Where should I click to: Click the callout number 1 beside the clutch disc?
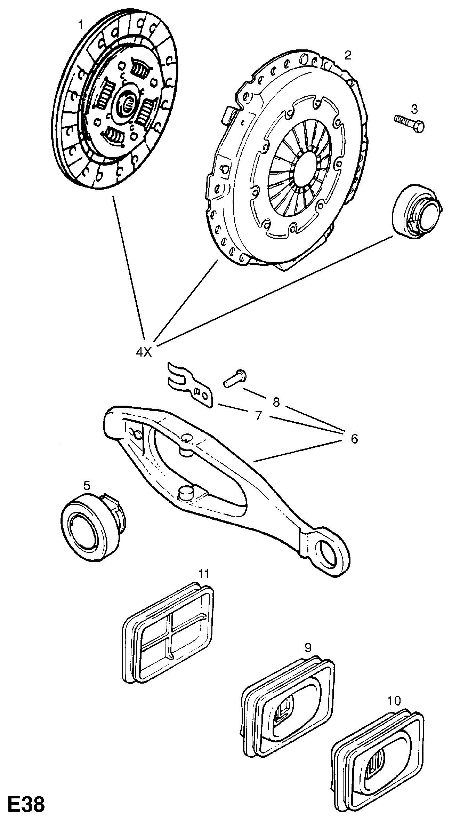(x=80, y=25)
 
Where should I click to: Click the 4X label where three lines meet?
(x=144, y=352)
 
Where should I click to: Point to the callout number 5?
(x=87, y=485)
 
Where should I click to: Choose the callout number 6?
(x=354, y=439)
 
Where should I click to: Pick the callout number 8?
(x=276, y=402)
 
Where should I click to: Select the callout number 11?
(x=204, y=573)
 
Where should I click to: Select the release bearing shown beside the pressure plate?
(x=415, y=212)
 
